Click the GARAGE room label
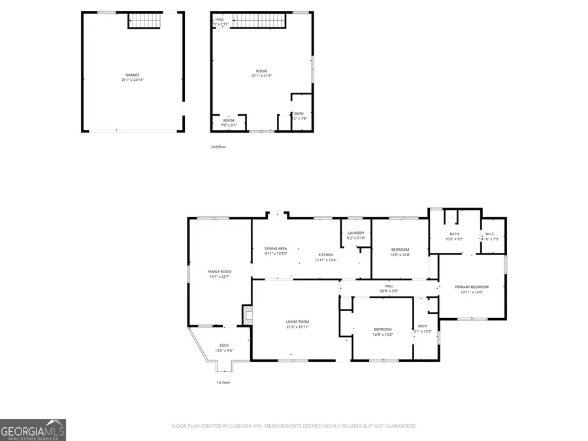pyautogui.click(x=133, y=75)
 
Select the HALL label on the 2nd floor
pyautogui.click(x=220, y=20)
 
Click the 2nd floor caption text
pyautogui.click(x=218, y=147)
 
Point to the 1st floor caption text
pyautogui.click(x=223, y=382)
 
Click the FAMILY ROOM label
pyautogui.click(x=220, y=271)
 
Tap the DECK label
pyautogui.click(x=224, y=345)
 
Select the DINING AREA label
pyautogui.click(x=276, y=248)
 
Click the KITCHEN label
pyautogui.click(x=325, y=255)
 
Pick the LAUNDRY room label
pyautogui.click(x=356, y=233)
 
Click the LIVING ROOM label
pyautogui.click(x=297, y=321)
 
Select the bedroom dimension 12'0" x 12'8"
pyautogui.click(x=400, y=255)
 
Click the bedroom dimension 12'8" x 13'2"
pyautogui.click(x=383, y=334)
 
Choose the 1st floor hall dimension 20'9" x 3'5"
pyautogui.click(x=389, y=291)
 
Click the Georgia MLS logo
pyautogui.click(x=33, y=430)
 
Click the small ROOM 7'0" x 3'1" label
pyautogui.click(x=229, y=122)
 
